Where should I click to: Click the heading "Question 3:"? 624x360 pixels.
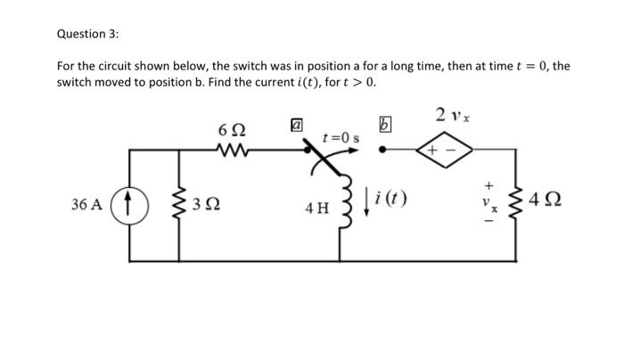point(87,34)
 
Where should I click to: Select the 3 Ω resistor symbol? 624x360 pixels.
point(183,204)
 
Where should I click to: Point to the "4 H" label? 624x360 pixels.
point(316,209)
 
